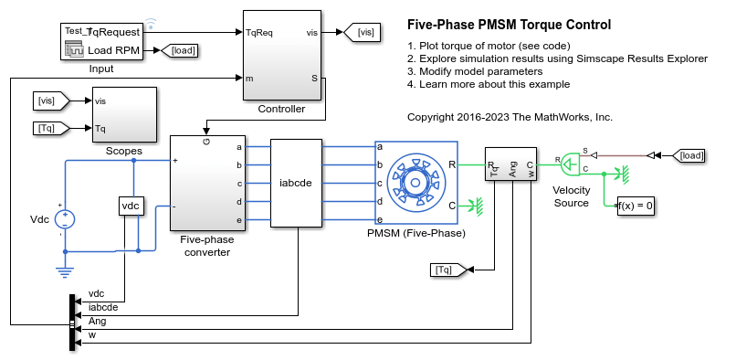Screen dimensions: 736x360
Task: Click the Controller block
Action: [x=282, y=55]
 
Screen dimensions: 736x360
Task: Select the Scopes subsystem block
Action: [x=124, y=114]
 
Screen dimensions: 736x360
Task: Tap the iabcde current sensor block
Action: [x=296, y=183]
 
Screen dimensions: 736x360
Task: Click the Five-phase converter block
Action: [x=208, y=184]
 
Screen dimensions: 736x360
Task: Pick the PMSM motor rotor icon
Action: [x=415, y=183]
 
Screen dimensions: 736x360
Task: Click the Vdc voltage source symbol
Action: [x=65, y=219]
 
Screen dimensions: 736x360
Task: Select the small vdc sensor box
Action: [x=131, y=206]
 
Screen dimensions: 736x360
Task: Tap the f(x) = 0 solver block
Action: [x=636, y=206]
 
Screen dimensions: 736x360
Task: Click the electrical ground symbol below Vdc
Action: [x=65, y=271]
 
